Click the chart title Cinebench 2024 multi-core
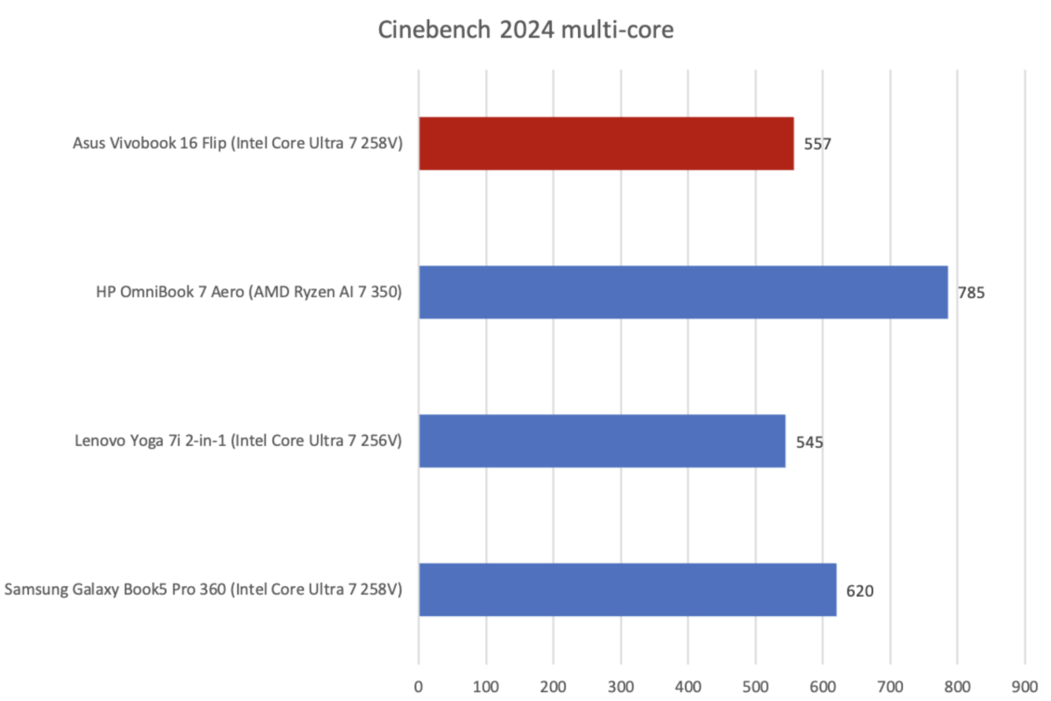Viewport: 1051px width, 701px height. [x=525, y=31]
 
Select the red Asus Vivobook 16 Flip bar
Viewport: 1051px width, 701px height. [x=606, y=143]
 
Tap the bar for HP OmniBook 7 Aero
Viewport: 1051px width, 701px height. [x=683, y=292]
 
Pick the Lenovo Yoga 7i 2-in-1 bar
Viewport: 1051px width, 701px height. [x=602, y=441]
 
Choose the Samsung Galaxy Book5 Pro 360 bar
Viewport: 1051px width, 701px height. [x=627, y=590]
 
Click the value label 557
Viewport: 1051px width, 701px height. [x=817, y=144]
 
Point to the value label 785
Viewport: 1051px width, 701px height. [x=971, y=293]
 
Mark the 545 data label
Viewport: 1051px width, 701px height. [x=809, y=442]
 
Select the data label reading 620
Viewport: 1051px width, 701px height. [x=860, y=591]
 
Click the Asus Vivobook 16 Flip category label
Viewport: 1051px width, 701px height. [x=237, y=144]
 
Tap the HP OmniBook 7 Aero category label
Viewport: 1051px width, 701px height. [x=249, y=293]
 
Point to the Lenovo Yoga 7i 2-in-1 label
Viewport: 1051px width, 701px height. [x=238, y=442]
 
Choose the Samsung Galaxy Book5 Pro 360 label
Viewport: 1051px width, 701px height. [x=203, y=591]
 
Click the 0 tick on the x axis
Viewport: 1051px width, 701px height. [x=419, y=682]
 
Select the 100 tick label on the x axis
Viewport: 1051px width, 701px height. [x=486, y=682]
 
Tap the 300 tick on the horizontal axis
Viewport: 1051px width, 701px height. [x=621, y=682]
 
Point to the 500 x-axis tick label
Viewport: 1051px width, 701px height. [x=756, y=682]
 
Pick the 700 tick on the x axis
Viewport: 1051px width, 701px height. [x=890, y=682]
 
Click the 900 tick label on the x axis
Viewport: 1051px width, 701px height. [x=1025, y=682]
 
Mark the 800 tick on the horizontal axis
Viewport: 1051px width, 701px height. [x=957, y=682]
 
